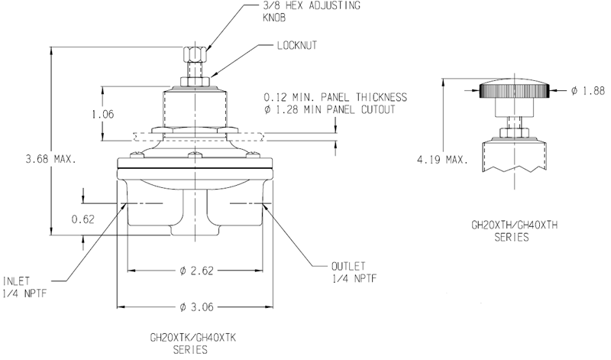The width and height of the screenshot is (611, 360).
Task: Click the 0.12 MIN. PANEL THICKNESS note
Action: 335,98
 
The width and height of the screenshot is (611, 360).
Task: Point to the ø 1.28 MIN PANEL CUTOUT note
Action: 330,111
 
